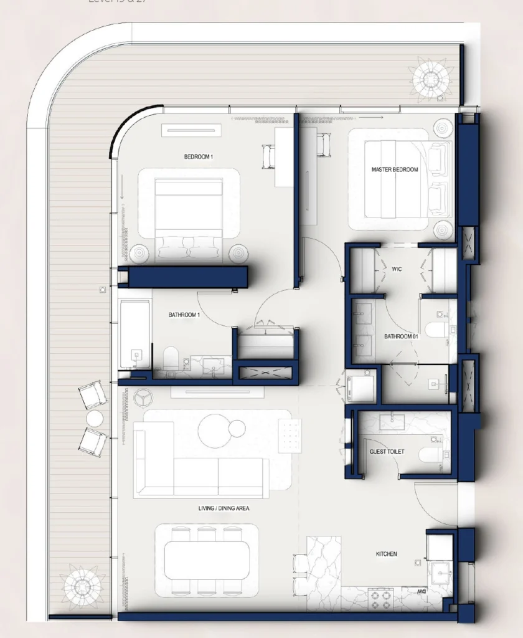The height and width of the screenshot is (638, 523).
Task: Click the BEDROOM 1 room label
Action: point(199,157)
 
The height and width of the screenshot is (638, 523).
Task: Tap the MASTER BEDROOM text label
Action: point(395,169)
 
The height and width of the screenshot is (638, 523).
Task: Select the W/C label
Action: point(398,269)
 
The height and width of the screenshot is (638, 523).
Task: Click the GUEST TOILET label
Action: point(387,451)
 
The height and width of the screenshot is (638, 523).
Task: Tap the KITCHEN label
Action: point(386,554)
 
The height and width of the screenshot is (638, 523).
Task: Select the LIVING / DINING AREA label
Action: point(224,508)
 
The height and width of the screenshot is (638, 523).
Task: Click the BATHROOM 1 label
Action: point(184,315)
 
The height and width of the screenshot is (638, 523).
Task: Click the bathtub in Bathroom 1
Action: point(135,335)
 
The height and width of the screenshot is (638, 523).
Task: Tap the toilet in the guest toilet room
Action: point(431,454)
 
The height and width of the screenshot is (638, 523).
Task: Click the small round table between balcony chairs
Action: point(95,418)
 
